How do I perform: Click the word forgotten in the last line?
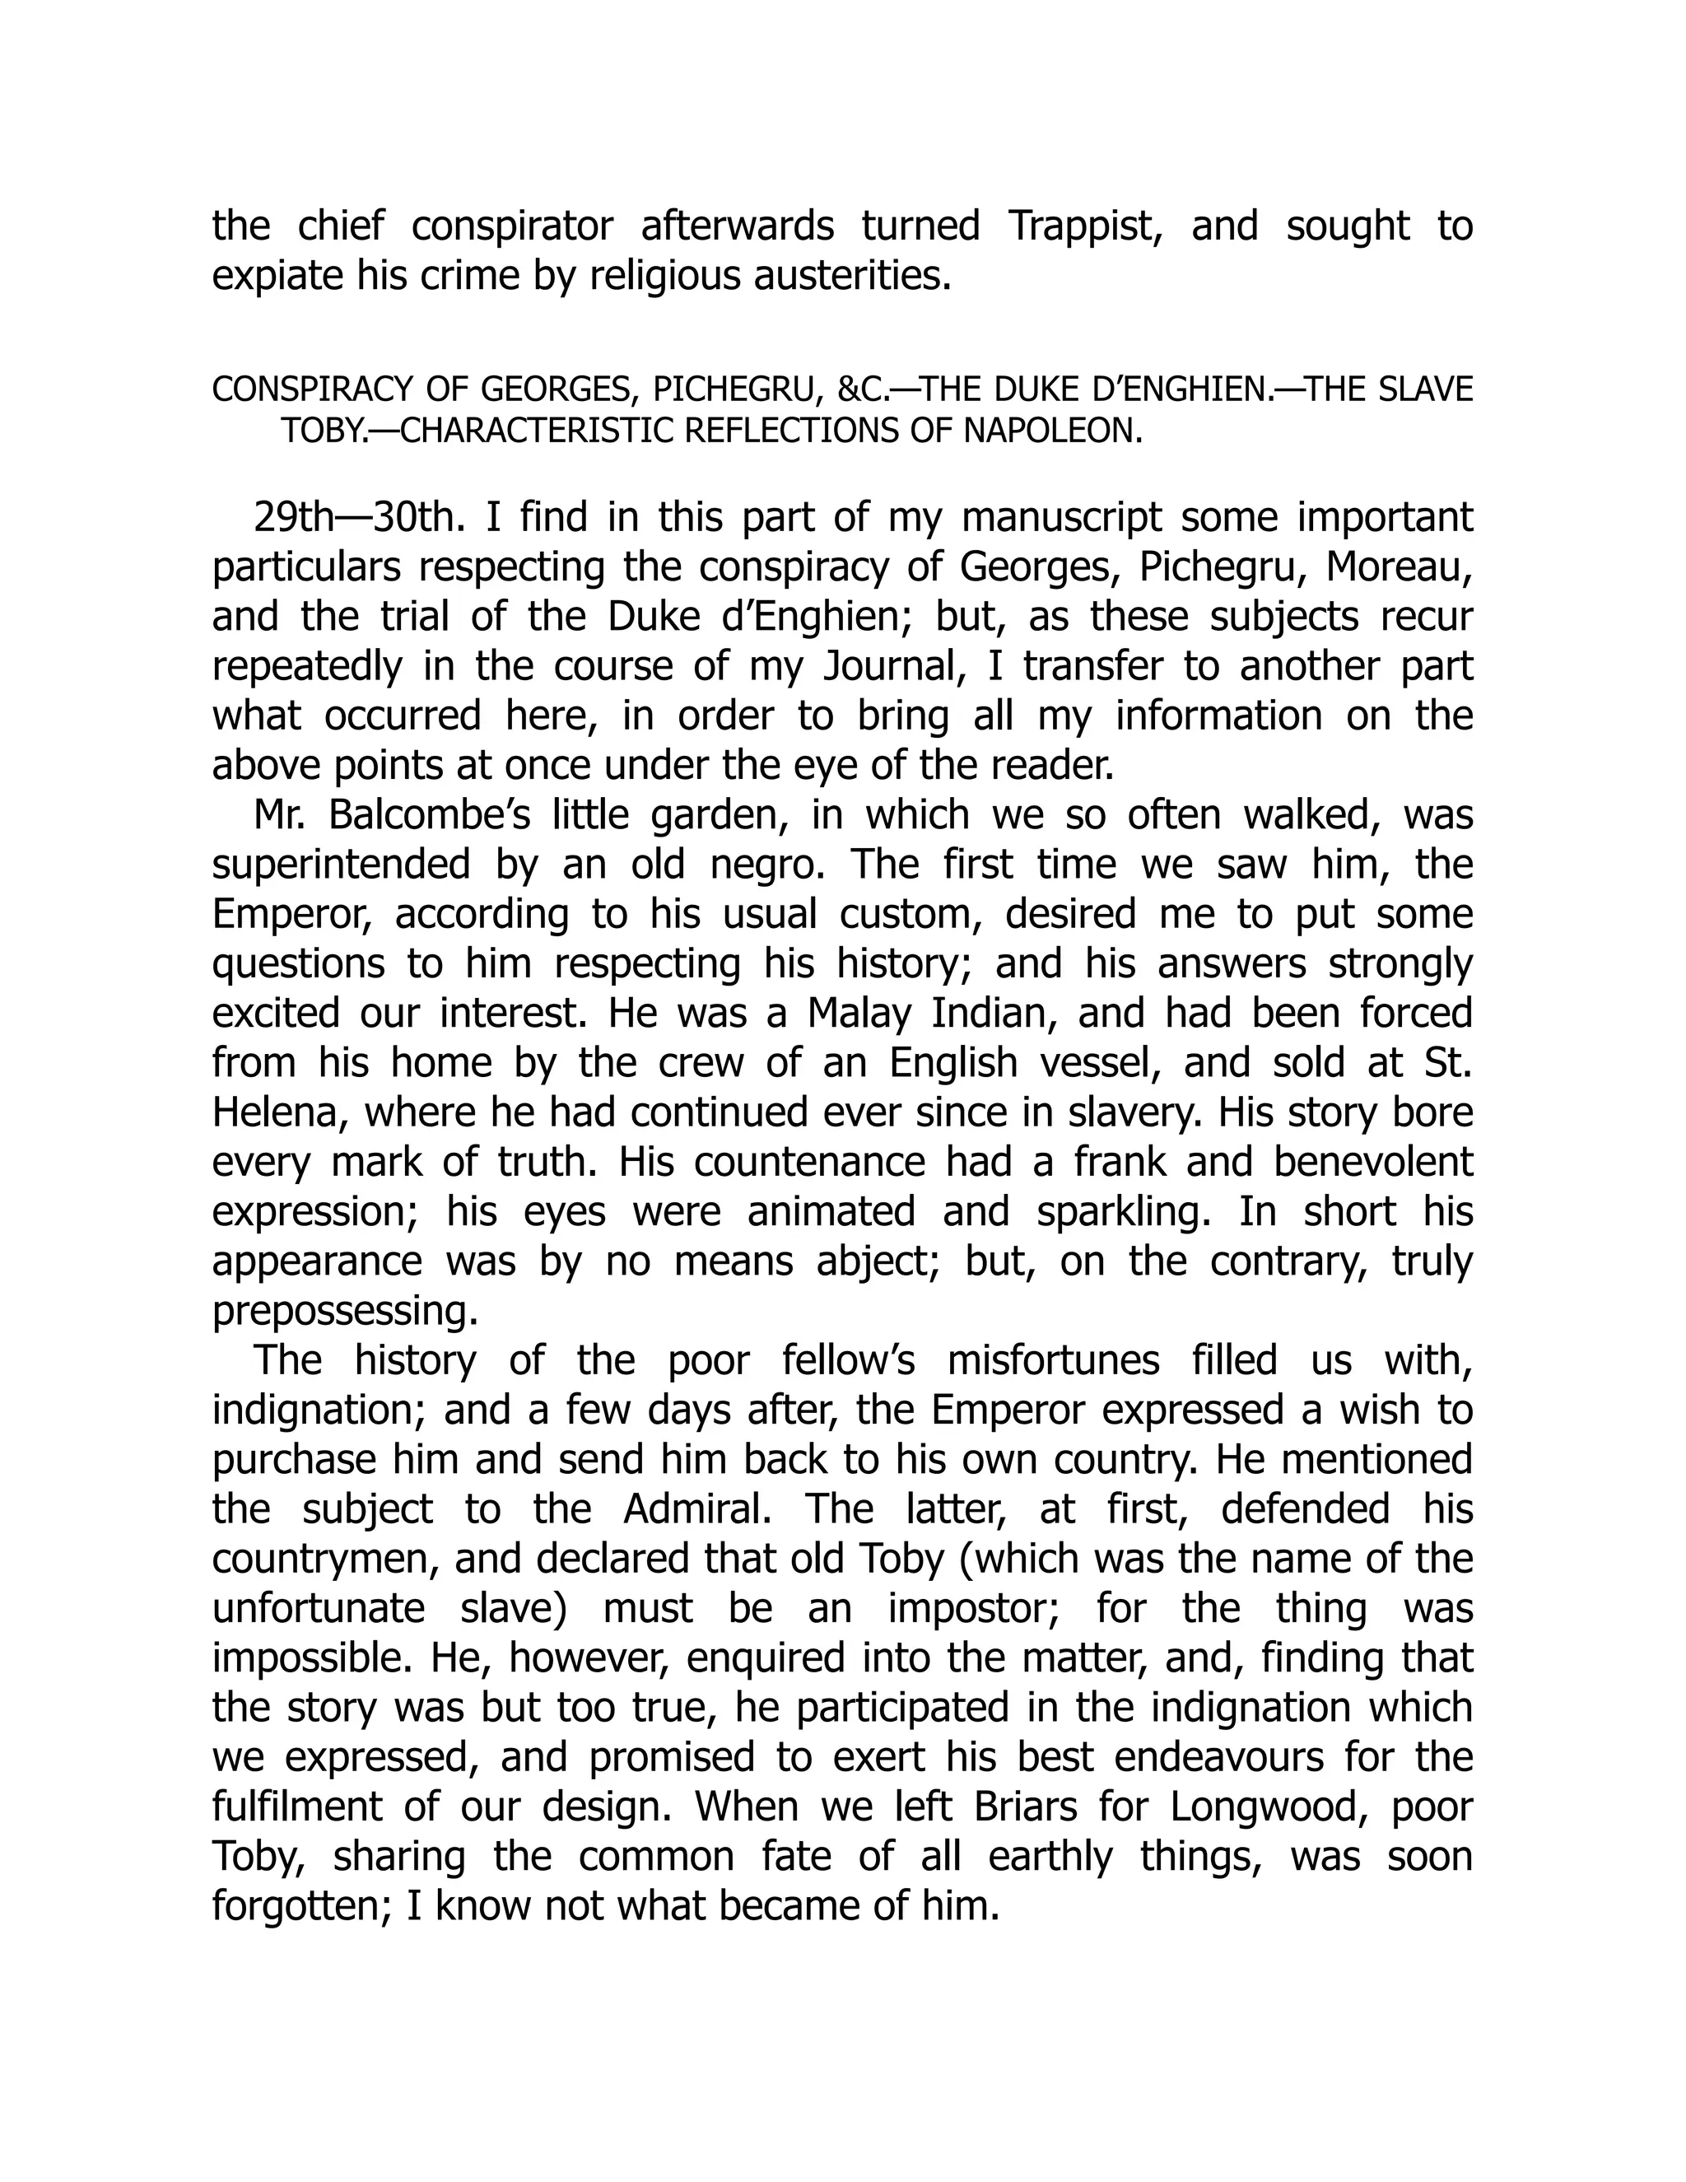[x=291, y=1905]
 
